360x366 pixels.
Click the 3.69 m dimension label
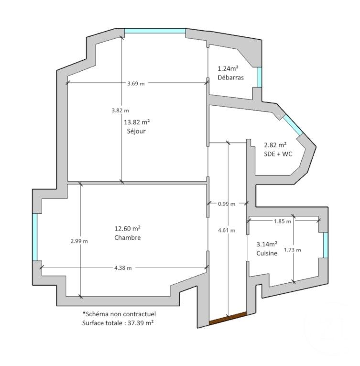(x=136, y=83)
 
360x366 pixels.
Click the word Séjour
(x=136, y=132)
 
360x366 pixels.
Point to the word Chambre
(x=128, y=237)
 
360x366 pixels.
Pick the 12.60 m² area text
(x=127, y=228)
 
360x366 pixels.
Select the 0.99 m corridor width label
(x=226, y=204)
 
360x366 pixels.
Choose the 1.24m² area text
(x=229, y=68)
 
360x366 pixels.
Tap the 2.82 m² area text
(x=275, y=144)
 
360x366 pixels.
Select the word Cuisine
(x=266, y=254)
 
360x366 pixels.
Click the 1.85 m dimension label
(x=282, y=221)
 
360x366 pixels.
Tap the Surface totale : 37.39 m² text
(x=120, y=323)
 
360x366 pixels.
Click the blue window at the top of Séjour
(x=155, y=31)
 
